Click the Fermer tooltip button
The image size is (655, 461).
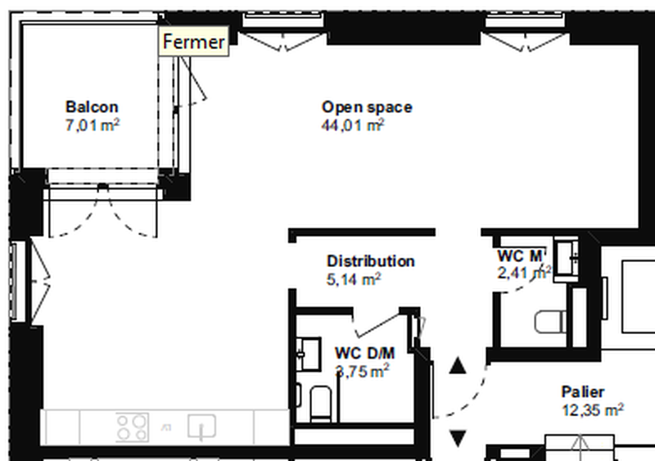click(x=193, y=42)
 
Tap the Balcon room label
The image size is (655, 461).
click(x=92, y=106)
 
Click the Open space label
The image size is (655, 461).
click(x=367, y=106)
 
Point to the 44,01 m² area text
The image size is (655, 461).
click(x=354, y=124)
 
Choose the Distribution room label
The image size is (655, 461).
click(x=370, y=261)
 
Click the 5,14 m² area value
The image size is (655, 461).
click(x=354, y=279)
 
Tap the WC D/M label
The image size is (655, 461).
click(x=364, y=353)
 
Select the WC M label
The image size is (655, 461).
click(x=520, y=255)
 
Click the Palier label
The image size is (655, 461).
click(x=583, y=391)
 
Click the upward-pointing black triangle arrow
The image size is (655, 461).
click(x=458, y=365)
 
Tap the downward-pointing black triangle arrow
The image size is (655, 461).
click(x=458, y=437)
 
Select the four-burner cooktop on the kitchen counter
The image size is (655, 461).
click(x=132, y=427)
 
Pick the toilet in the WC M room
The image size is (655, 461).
click(x=549, y=321)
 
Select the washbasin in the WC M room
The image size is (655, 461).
click(x=566, y=257)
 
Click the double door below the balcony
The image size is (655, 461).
click(x=102, y=211)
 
